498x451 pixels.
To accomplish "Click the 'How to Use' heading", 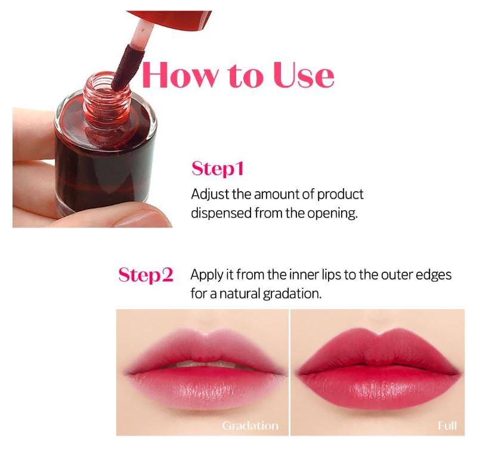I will pos(237,75).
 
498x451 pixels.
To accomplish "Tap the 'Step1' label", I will pos(217,169).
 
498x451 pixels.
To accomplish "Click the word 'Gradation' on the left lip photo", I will pos(250,425).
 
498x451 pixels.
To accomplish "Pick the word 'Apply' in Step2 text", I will pos(205,275).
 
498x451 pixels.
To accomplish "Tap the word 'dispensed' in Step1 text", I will pos(219,213).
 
